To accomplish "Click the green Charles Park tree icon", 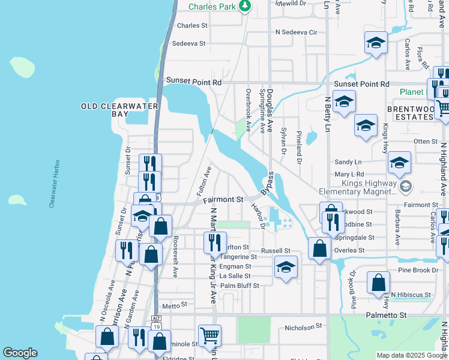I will (244, 6).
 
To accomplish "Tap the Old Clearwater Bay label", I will (119, 110).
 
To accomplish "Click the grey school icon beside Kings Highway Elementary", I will (405, 187).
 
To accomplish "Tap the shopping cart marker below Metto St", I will (209, 336).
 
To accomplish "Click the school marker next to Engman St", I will (286, 267).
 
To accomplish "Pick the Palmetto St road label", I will (387, 314).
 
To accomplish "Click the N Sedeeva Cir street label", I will (295, 32).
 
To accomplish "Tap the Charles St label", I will (192, 26).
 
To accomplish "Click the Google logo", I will (20, 353).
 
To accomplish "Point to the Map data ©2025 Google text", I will (411, 355).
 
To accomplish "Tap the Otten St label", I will (426, 141).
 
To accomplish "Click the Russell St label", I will (276, 250).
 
